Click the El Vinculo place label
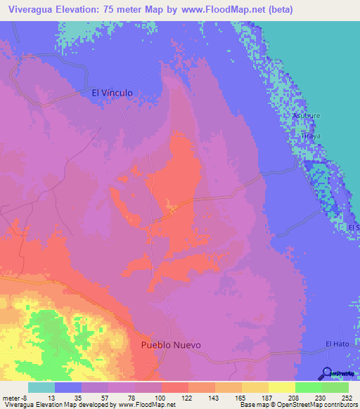click(112, 92)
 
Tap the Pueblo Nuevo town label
click(171, 345)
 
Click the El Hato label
click(337, 344)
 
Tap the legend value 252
click(345, 398)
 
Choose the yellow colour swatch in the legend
click(281, 387)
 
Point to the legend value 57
click(105, 398)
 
